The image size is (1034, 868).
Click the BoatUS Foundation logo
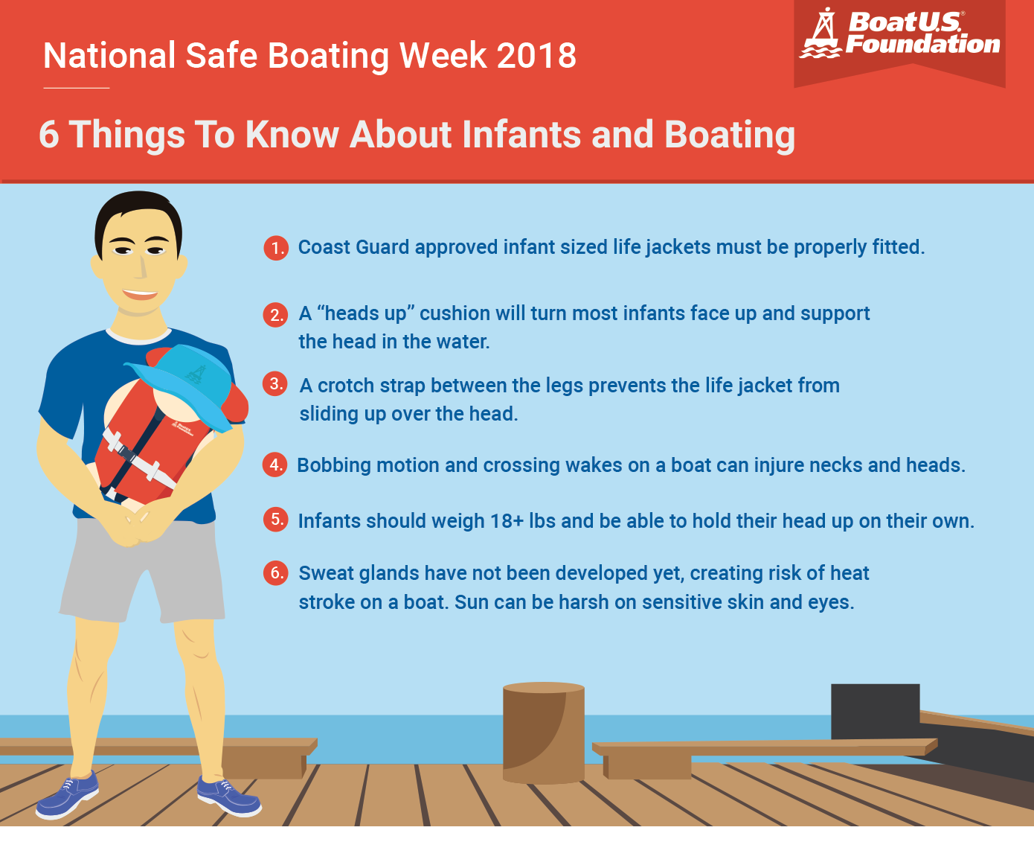coord(900,35)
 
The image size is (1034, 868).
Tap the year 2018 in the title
coord(536,56)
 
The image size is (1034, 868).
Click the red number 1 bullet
coord(276,247)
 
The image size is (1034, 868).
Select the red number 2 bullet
coord(276,314)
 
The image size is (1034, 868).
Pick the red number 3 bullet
coord(276,384)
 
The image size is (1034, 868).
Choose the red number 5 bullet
coord(276,520)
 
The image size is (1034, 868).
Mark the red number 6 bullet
coord(276,572)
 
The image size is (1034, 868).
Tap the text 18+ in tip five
coord(507,521)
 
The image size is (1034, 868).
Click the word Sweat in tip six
coord(326,573)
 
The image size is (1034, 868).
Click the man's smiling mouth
coord(140,293)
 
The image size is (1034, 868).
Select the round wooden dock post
coord(543,733)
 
